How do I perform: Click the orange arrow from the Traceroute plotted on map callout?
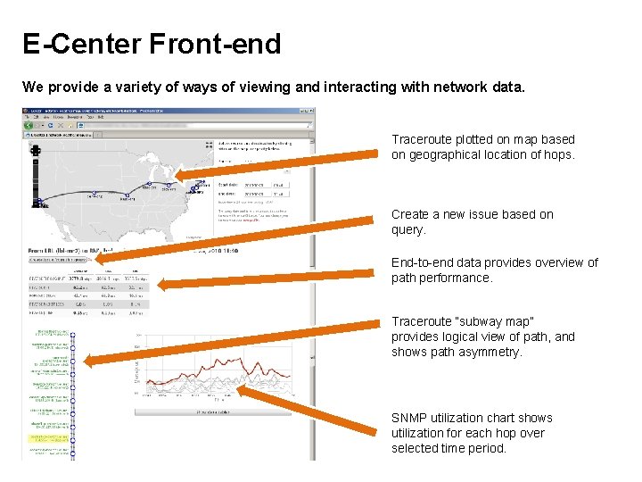(x=276, y=165)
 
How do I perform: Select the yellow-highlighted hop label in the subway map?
(x=50, y=438)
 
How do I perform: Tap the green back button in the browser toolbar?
(x=29, y=126)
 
